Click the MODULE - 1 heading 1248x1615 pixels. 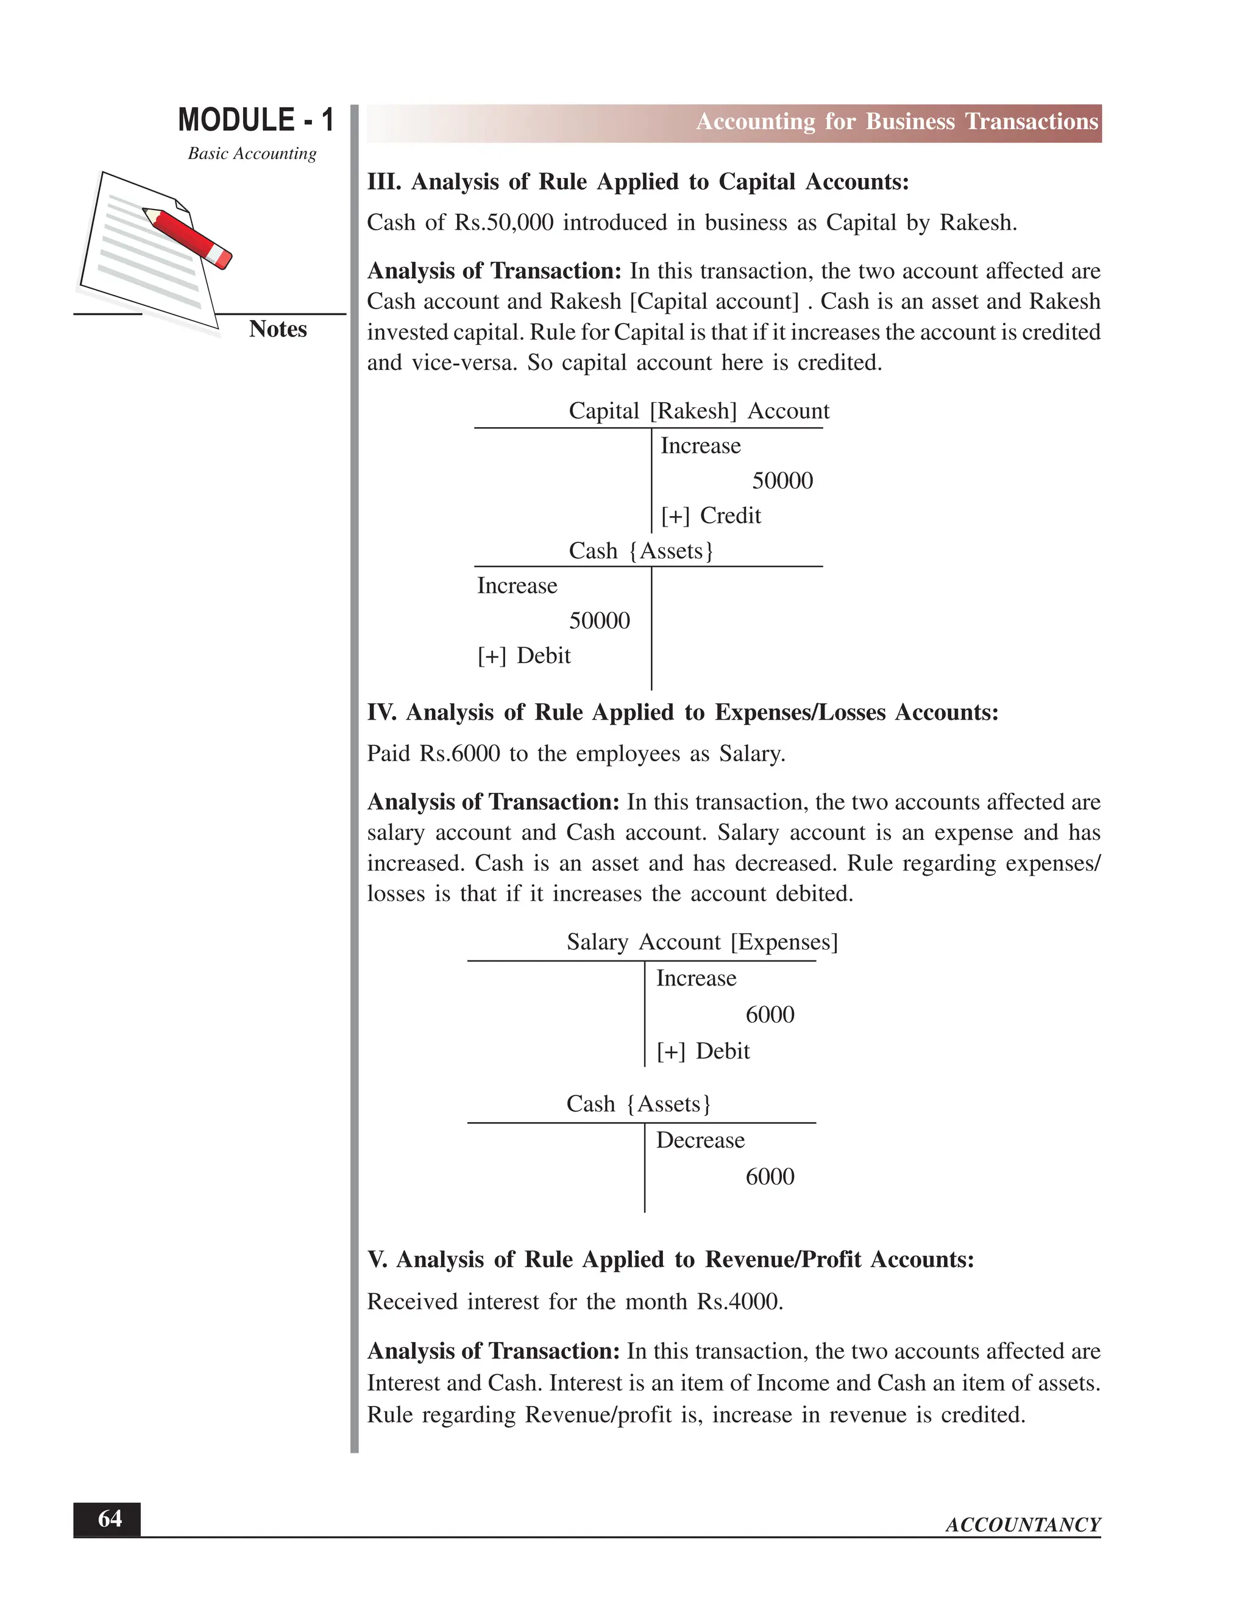256,121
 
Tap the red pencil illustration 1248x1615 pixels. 188,237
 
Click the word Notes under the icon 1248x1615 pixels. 277,329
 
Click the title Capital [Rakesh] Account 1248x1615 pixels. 699,411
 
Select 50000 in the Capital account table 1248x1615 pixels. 782,481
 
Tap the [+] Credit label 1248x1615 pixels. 711,516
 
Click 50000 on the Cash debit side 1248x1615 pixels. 599,620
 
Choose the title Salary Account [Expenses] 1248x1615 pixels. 701,942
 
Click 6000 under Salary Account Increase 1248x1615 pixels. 770,1015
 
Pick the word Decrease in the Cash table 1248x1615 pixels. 700,1140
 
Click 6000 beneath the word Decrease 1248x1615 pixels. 770,1176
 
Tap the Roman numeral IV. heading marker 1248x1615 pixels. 381,712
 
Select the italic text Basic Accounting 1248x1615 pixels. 252,154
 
